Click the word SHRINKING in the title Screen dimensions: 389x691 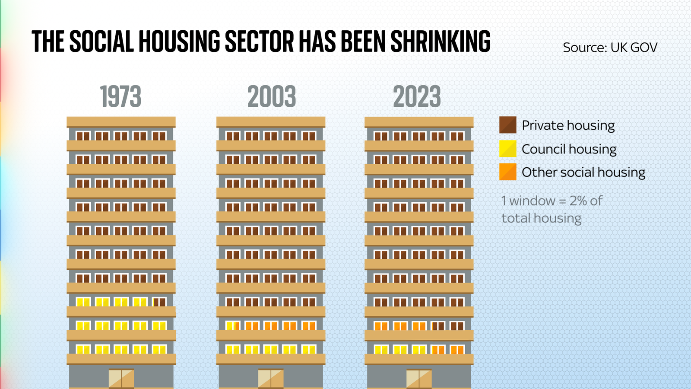click(x=441, y=42)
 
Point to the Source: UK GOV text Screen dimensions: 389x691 click(x=610, y=48)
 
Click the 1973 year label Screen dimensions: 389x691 click(x=120, y=97)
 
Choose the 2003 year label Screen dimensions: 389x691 click(x=272, y=97)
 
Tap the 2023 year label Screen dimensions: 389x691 click(x=417, y=97)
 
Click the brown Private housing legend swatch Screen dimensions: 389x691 click(x=508, y=125)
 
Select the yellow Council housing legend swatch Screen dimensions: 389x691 click(x=508, y=149)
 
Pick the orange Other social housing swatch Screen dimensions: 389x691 click(x=508, y=172)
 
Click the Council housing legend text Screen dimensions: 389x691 click(x=569, y=149)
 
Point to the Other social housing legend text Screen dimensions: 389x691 click(x=583, y=172)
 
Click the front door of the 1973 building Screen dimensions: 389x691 click(x=121, y=379)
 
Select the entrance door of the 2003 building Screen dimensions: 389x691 click(x=271, y=379)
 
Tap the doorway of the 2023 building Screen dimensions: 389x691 click(x=419, y=379)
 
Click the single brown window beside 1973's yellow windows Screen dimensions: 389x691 click(x=159, y=302)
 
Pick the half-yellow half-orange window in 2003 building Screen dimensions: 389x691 click(x=233, y=325)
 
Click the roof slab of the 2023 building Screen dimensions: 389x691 click(x=419, y=122)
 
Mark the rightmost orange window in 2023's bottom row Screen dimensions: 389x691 click(x=457, y=349)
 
